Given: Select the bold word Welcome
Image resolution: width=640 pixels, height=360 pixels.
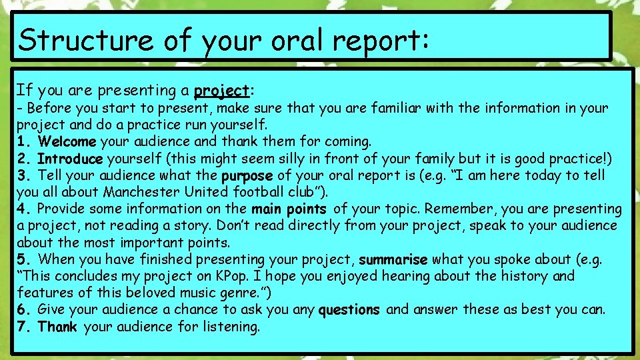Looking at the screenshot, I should point(67,141).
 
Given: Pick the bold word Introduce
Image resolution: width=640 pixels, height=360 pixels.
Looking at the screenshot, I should point(70,159).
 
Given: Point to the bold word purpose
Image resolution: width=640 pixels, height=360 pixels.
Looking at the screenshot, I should point(247,176).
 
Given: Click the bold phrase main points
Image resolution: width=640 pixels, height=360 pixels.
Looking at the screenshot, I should point(289,209).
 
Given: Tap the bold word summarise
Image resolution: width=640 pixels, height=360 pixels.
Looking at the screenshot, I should point(393,259).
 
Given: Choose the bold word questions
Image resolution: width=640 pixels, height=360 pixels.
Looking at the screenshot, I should point(349,310).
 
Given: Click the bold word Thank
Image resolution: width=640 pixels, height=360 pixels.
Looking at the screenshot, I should point(57,327).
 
